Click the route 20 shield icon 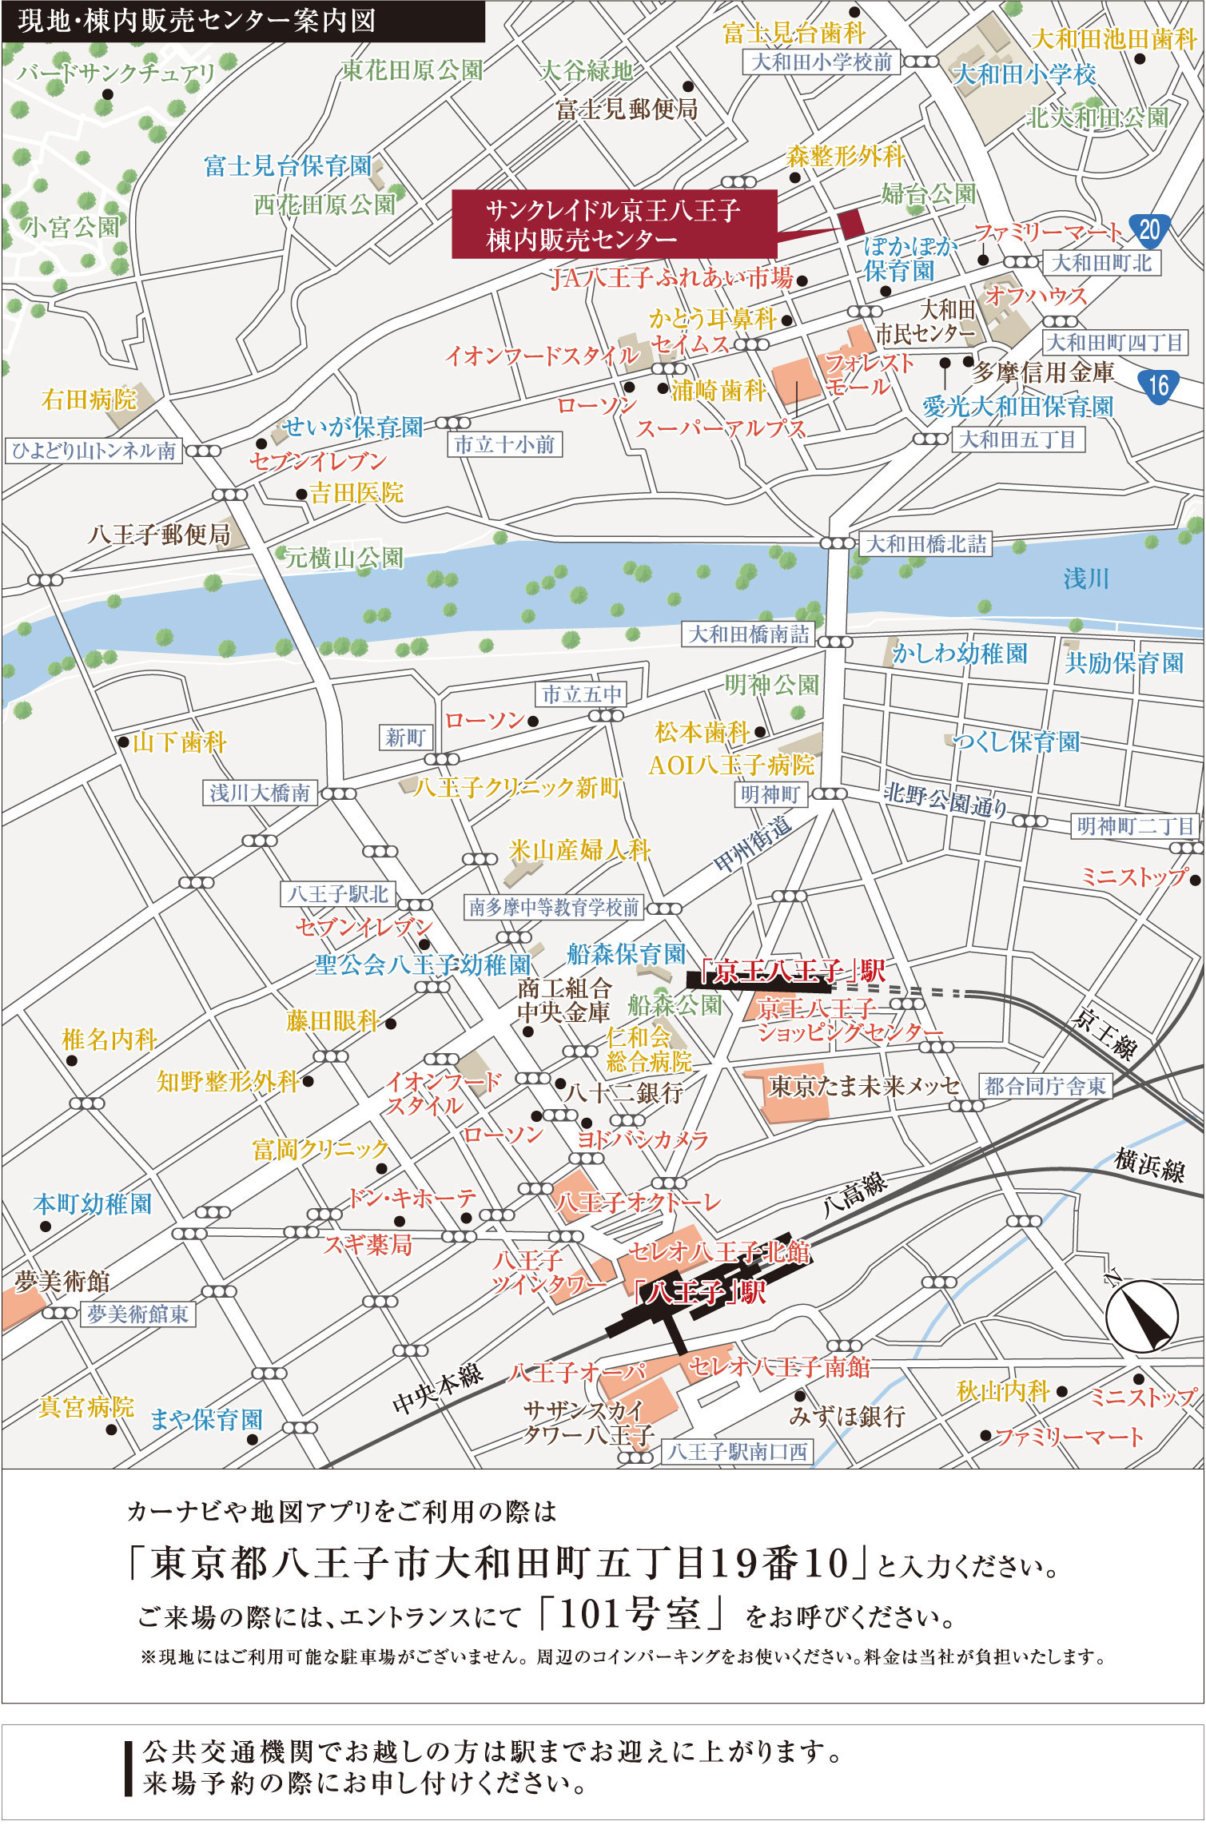(1148, 230)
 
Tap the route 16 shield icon (1158, 386)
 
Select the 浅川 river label (1085, 578)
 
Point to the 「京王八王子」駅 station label (791, 971)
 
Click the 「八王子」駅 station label (699, 1292)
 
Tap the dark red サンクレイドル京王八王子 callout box (614, 224)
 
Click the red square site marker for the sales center (851, 221)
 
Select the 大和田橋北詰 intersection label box (925, 544)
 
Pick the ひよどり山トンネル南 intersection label (94, 451)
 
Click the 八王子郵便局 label (159, 534)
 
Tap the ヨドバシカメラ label (643, 1139)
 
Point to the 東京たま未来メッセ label (863, 1086)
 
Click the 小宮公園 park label (71, 227)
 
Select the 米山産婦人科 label (579, 849)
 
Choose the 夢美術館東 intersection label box (137, 1314)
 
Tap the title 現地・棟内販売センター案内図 (197, 21)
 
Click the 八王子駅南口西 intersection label (737, 1452)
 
